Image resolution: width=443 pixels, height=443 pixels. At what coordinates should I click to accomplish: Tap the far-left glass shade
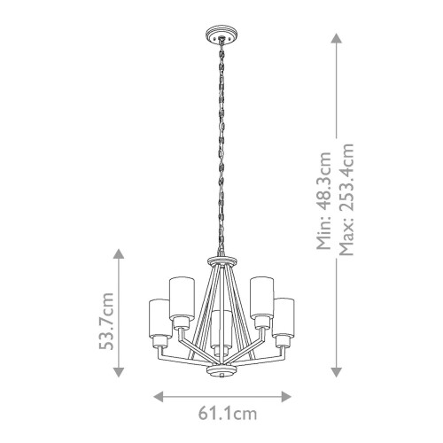pyautogui.click(x=154, y=316)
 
